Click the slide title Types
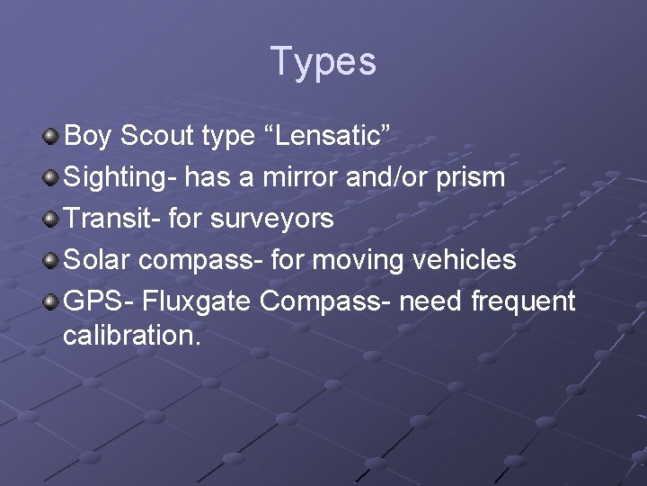pos(323,62)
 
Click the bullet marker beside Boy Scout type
pos(51,137)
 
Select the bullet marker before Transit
pos(51,219)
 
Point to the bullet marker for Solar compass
pos(51,260)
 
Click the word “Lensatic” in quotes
pos(332,136)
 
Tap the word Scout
pos(158,136)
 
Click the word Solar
pos(95,260)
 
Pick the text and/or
pos(389,177)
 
